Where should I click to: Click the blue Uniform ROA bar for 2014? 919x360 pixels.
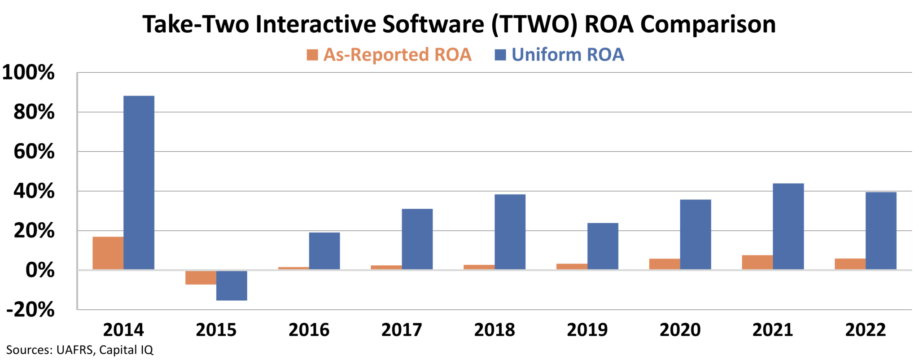[x=139, y=182]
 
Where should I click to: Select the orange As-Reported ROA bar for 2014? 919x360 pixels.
[x=108, y=253]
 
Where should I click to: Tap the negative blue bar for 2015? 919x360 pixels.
[x=232, y=285]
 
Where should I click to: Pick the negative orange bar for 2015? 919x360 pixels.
[x=201, y=277]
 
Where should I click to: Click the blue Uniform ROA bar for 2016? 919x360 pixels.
[x=324, y=251]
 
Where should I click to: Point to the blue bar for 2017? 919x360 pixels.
[x=417, y=239]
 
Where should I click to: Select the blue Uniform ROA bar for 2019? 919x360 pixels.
[x=603, y=246]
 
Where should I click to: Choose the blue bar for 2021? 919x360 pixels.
[x=788, y=226]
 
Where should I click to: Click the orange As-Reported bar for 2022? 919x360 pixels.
[x=850, y=264]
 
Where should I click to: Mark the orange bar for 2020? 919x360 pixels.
[x=665, y=264]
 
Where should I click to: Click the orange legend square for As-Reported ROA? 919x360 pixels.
[x=312, y=55]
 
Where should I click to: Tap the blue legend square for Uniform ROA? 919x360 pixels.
[x=500, y=55]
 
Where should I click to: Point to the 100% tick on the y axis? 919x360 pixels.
[x=29, y=73]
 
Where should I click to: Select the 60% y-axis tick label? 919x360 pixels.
[x=34, y=152]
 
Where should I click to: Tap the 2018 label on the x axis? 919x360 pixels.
[x=495, y=330]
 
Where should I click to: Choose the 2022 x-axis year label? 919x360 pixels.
[x=866, y=330]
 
